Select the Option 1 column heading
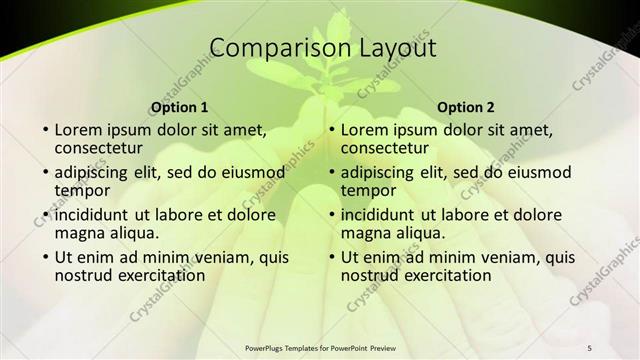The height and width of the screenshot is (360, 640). click(x=179, y=107)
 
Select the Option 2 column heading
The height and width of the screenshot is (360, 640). click(x=466, y=107)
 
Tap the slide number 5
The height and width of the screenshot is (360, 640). click(x=590, y=347)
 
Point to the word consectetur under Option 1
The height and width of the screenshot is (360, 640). click(x=100, y=148)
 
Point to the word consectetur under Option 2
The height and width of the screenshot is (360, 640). click(x=387, y=148)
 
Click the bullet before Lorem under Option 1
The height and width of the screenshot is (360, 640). click(x=45, y=130)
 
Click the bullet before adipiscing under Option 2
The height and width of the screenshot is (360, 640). click(x=332, y=172)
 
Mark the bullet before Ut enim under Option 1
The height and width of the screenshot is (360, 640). click(x=45, y=257)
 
